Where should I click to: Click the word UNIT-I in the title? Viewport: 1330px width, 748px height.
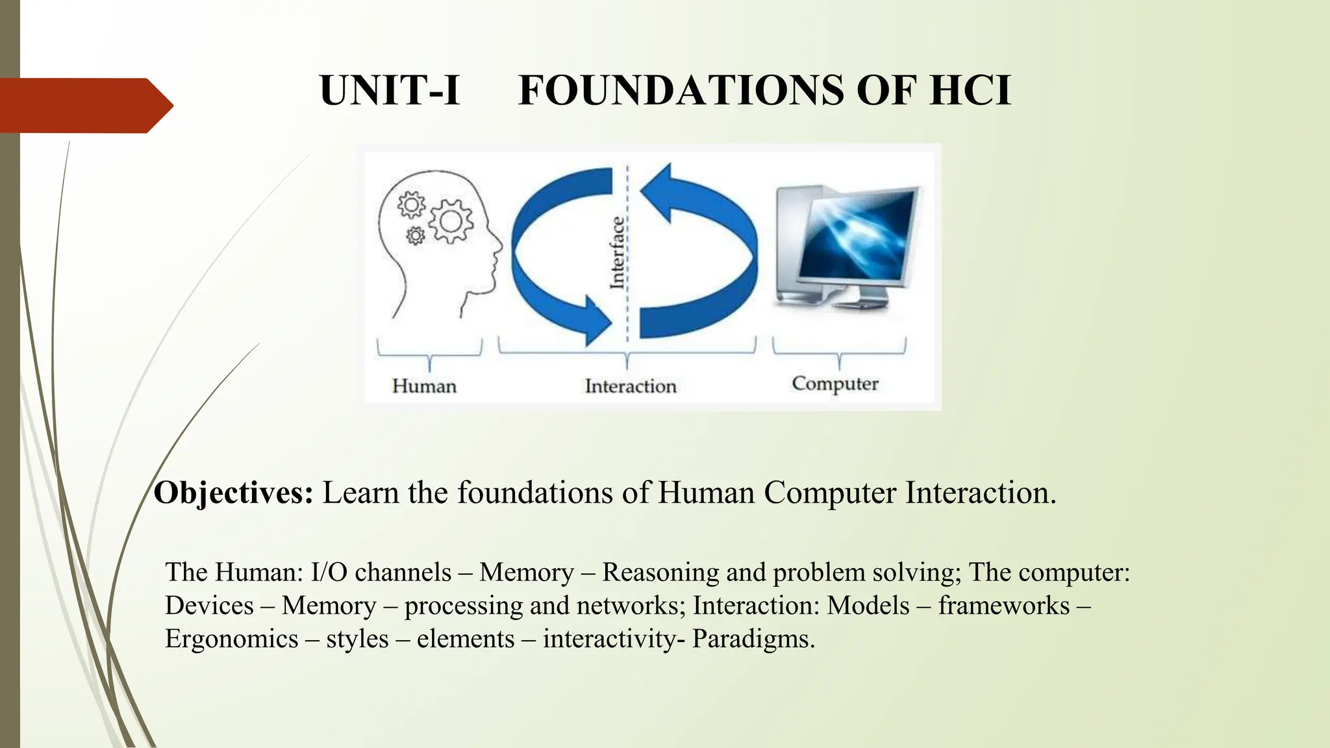click(390, 90)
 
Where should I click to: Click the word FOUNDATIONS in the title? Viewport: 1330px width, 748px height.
click(681, 90)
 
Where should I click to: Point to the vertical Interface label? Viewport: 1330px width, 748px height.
click(617, 253)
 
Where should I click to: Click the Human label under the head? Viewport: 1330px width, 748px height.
click(424, 386)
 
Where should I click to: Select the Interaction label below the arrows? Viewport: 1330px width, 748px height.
click(631, 386)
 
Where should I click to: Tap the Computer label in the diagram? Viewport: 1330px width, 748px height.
click(835, 384)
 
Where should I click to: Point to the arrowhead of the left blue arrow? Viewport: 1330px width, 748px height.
click(596, 319)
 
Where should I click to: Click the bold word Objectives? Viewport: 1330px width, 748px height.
click(233, 493)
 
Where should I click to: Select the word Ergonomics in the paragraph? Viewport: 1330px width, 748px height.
click(231, 639)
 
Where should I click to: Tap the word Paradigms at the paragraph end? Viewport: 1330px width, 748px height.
click(753, 639)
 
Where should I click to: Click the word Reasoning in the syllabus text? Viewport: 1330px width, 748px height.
click(660, 573)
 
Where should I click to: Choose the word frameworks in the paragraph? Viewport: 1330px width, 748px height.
click(1003, 606)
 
